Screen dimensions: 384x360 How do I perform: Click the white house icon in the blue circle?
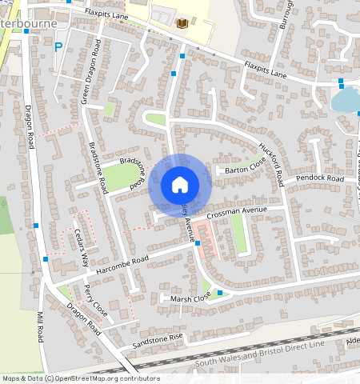(x=180, y=185)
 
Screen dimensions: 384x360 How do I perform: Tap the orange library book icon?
(x=182, y=24)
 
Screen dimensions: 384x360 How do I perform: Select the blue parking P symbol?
(x=58, y=46)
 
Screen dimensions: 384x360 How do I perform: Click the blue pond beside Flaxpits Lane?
(x=345, y=100)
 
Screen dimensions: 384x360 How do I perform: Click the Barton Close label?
(x=244, y=170)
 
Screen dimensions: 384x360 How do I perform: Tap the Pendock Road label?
(x=319, y=178)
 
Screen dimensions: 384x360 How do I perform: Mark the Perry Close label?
(x=95, y=298)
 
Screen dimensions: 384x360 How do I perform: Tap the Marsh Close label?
(x=191, y=297)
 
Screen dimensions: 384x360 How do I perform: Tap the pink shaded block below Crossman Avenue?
(x=207, y=239)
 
